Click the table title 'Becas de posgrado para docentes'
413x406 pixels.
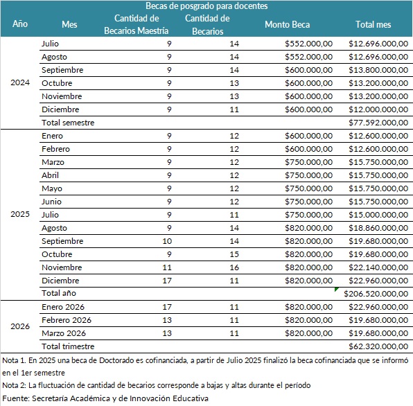pos(206,6)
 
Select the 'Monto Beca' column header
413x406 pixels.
pos(287,24)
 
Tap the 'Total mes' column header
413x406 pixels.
pos(374,24)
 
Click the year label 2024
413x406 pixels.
pos(20,82)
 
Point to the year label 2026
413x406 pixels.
pos(20,326)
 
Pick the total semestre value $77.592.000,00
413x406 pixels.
pos(378,123)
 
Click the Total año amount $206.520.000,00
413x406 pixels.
pos(376,294)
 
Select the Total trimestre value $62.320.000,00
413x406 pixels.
pos(378,346)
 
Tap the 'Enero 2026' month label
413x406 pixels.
pos(63,307)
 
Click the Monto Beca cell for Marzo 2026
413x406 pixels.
pos(308,333)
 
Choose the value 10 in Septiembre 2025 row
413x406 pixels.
pos(167,241)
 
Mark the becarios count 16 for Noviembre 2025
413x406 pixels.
pos(234,267)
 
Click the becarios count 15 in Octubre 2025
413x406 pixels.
pos(234,254)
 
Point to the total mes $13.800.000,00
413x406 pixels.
pos(378,70)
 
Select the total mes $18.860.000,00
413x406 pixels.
pos(378,228)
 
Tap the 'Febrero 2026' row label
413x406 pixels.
pos(67,320)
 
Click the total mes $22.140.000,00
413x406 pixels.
pos(378,267)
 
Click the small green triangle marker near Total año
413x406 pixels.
pos(336,289)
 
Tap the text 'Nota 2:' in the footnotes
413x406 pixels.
pos(15,385)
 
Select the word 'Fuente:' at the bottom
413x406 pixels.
pos(16,398)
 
